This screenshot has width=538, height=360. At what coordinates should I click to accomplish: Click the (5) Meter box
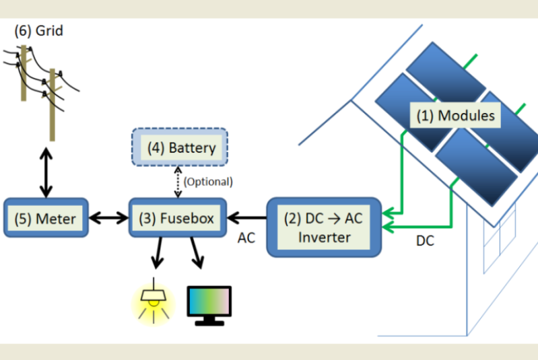click(46, 217)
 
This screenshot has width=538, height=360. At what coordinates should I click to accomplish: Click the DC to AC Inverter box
click(324, 227)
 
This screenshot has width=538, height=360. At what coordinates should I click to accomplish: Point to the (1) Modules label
click(455, 116)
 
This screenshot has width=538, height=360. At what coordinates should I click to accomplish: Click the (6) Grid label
click(39, 30)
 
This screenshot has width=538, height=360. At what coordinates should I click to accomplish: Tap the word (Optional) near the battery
click(208, 181)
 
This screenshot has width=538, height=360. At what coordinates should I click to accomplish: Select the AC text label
click(246, 238)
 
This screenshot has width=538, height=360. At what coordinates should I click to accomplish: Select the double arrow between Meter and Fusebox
click(108, 217)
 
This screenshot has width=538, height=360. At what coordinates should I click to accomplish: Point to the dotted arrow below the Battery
click(178, 181)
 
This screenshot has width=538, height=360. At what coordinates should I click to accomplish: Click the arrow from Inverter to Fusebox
click(248, 217)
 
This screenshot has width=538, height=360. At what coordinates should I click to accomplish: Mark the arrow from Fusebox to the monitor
click(196, 254)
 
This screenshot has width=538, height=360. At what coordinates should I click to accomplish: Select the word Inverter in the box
click(324, 237)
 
